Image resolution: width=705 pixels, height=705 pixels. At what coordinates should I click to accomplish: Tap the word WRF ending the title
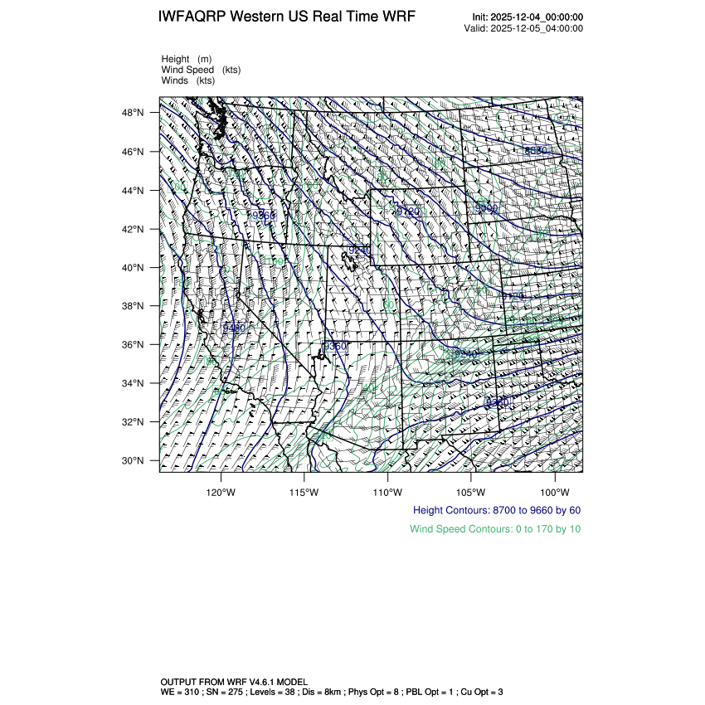[x=398, y=17]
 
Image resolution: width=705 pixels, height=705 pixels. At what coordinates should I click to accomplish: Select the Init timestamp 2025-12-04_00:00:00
[x=537, y=17]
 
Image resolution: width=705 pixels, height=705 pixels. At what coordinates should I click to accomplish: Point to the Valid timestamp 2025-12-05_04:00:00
[x=537, y=28]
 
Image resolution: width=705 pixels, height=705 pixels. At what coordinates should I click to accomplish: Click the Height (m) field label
[x=187, y=59]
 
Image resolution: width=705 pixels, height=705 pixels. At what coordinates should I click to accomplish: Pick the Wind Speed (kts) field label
[x=202, y=70]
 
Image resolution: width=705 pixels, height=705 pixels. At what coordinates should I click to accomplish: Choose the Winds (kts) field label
[x=188, y=80]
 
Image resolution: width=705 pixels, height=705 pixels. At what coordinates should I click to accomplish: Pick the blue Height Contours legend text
[x=497, y=510]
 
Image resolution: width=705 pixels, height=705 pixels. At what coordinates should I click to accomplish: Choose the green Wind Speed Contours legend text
[x=495, y=528]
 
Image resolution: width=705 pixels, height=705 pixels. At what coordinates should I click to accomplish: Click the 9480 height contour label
[x=235, y=328]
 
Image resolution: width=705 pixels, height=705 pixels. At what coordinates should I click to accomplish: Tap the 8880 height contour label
[x=537, y=150]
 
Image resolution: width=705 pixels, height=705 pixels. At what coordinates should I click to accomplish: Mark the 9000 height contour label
[x=486, y=209]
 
